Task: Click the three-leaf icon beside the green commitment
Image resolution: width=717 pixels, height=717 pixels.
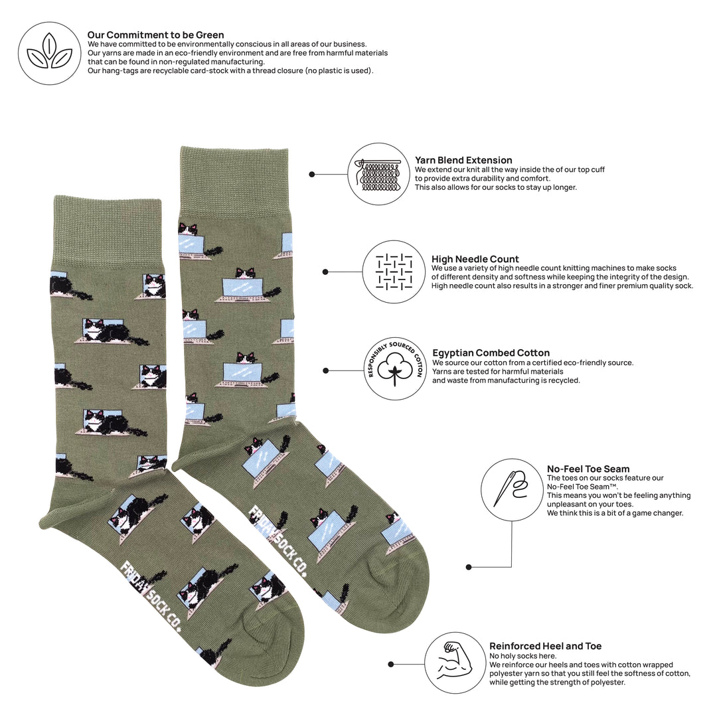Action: click(49, 53)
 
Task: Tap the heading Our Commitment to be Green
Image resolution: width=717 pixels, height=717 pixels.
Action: click(155, 35)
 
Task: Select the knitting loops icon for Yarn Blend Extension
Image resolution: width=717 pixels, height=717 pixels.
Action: click(379, 174)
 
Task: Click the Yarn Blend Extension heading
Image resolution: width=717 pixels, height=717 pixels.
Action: click(463, 160)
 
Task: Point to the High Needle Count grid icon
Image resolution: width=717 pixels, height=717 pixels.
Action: click(394, 272)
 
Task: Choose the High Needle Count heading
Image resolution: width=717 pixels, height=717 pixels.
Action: click(475, 259)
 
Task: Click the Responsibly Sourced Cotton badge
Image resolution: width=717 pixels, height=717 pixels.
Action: click(394, 369)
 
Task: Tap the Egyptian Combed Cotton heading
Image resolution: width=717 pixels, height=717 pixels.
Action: click(491, 353)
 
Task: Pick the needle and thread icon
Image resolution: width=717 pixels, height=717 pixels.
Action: click(512, 490)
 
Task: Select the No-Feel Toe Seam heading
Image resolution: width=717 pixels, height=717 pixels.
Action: click(588, 469)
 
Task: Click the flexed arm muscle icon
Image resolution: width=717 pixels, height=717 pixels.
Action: click(455, 663)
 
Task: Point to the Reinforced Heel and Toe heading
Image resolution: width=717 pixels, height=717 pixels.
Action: click(545, 646)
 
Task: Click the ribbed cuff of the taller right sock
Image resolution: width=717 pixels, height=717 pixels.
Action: click(234, 179)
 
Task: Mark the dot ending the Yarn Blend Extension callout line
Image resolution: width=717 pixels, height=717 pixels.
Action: click(312, 174)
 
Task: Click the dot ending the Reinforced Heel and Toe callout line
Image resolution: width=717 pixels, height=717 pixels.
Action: click(391, 664)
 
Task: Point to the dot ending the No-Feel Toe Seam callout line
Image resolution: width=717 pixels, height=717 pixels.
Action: click(469, 567)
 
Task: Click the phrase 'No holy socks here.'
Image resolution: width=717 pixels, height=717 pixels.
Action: click(522, 656)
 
